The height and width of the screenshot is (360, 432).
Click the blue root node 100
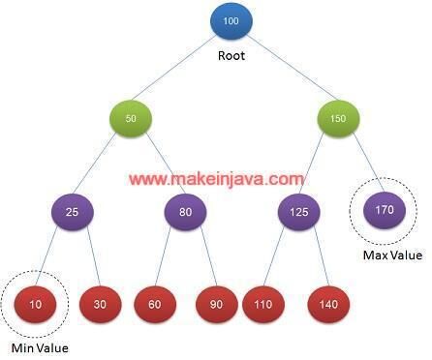click(x=230, y=22)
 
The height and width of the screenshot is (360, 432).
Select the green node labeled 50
click(x=131, y=117)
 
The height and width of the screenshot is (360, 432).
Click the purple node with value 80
click(x=185, y=211)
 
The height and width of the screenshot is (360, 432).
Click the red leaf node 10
click(x=36, y=304)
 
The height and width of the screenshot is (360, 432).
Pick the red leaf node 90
click(x=215, y=304)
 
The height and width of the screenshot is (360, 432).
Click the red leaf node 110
click(x=262, y=304)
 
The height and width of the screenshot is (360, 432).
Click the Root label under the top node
click(x=231, y=55)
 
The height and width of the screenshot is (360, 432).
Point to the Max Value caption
click(x=392, y=255)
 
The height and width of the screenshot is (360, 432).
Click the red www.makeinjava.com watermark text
click(x=215, y=179)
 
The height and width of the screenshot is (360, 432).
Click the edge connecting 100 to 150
click(x=285, y=70)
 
